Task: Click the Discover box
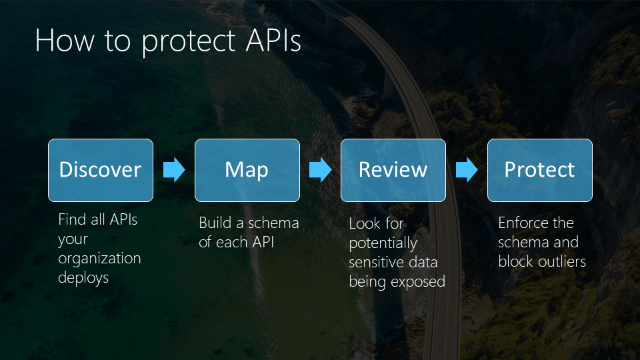pos(101,170)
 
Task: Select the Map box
pos(247,170)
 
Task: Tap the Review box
pos(393,170)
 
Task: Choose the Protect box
pos(539,170)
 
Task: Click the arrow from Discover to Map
pos(174,170)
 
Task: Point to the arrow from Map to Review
pos(321,170)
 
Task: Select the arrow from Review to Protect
pos(467,170)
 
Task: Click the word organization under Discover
pos(99,259)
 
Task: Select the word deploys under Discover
pos(83,278)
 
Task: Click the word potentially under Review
pos(383,243)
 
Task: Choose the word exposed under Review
pos(417,281)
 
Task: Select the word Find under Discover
pos(72,219)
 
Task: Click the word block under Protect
pos(516,261)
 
